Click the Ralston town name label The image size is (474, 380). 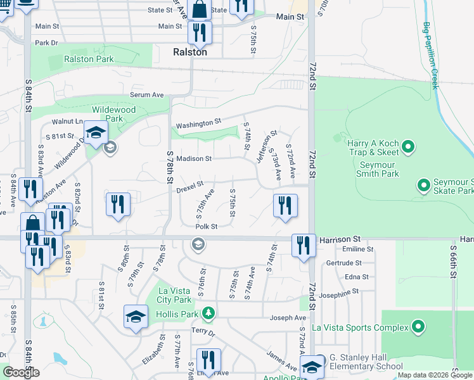190,53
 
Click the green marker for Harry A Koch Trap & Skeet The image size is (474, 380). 408,148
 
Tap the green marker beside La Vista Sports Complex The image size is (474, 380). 418,327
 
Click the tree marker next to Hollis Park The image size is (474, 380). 208,313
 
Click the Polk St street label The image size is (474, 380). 206,226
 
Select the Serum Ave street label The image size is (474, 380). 147,94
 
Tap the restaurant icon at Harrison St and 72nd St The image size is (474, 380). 304,244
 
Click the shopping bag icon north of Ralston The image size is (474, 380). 199,9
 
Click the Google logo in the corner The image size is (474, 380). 21,372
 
